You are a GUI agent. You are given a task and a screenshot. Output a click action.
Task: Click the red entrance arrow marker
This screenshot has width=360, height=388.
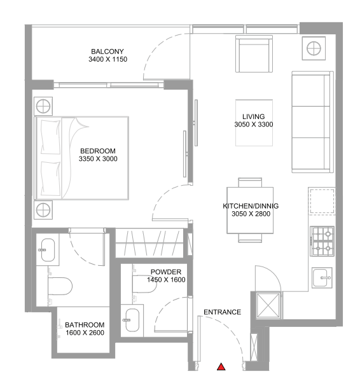coord(221,366)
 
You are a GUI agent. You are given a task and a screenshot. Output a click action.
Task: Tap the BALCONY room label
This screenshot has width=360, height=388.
coord(107,52)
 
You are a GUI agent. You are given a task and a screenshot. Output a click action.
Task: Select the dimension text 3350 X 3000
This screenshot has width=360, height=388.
coord(99,159)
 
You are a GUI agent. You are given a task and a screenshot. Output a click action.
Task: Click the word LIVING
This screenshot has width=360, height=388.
coord(253,116)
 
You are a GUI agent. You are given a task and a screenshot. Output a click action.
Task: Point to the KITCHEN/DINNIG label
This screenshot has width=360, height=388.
coord(251,206)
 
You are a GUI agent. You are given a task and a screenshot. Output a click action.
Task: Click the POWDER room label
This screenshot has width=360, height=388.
coord(165,272)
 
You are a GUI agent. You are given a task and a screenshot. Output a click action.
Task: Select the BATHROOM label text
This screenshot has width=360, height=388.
coord(85,324)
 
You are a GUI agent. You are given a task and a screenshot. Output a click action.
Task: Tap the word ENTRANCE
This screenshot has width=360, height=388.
coord(222,312)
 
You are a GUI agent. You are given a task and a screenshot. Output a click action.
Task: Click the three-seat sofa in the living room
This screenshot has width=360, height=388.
coord(312,123)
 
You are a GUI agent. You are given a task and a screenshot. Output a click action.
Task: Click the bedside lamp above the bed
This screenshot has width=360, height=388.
coord(43,106)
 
